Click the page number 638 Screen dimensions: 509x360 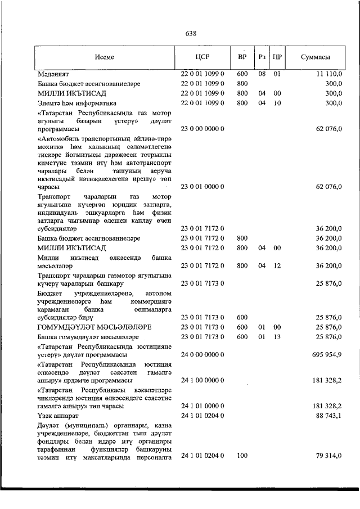pos(191,33)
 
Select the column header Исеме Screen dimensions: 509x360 pos(105,57)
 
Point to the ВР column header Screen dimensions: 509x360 pos(242,57)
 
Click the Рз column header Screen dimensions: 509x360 pos(262,57)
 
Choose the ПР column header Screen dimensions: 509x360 pos(277,57)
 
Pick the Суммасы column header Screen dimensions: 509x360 pos(315,57)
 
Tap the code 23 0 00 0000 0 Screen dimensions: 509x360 pos(202,129)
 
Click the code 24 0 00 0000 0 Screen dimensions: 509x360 pos(202,355)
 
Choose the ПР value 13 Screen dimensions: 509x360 pos(277,337)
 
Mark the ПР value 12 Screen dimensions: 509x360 pos(277,266)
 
